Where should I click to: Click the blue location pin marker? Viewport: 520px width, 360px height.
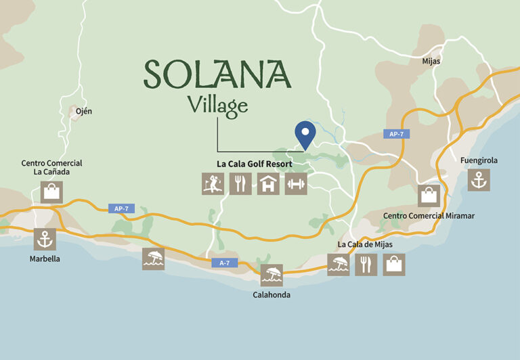coord(305,133)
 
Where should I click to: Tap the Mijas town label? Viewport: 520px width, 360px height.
coord(431,61)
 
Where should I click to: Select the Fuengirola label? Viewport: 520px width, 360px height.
coord(479,160)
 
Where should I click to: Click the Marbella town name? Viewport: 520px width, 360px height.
coord(45,258)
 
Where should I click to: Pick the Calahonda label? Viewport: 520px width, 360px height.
coord(272,294)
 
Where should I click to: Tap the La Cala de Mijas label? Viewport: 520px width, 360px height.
coord(364,244)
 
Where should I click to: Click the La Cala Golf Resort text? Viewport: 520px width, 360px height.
coord(254,164)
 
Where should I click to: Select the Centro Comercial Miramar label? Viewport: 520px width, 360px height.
coord(429,215)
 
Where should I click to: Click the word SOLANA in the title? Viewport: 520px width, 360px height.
coord(217,74)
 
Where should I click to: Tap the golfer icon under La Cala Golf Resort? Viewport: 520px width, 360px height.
coord(213,183)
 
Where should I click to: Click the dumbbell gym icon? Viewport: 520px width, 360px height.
coord(296,183)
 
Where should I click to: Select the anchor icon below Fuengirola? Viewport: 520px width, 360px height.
coord(479,180)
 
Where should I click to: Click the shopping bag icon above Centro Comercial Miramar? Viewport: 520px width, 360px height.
coord(429,196)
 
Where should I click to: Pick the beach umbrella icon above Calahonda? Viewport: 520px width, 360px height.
coord(272,275)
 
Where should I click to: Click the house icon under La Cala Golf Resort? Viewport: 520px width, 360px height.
coord(268,183)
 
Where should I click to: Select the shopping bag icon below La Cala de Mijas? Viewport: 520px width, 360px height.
coord(394,264)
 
